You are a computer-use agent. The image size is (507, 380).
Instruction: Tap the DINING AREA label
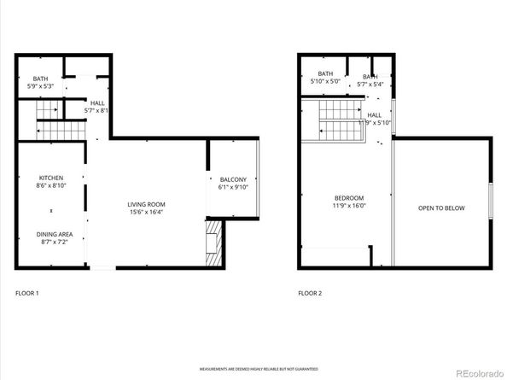coord(54,234)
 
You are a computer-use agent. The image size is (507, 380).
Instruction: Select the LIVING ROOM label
coord(146,204)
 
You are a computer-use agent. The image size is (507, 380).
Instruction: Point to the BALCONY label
coord(233,178)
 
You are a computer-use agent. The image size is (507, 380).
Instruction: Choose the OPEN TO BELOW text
coord(441,208)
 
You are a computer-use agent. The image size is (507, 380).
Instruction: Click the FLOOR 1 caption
coord(27,294)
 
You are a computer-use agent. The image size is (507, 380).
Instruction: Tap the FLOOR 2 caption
coord(310,294)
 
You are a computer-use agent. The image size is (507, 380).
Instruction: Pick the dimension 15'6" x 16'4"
coord(146,212)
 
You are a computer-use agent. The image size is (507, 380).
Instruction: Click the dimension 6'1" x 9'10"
coord(233,186)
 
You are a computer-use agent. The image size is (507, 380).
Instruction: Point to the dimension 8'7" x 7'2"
coord(54,242)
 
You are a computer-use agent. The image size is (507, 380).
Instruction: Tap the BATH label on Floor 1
coord(29,79)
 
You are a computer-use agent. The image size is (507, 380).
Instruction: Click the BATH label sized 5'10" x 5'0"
coord(325,73)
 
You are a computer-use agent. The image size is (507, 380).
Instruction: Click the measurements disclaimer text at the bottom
coord(253,369)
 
